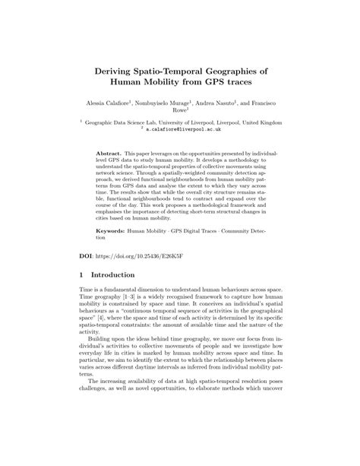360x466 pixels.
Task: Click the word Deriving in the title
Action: pyautogui.click(x=119, y=68)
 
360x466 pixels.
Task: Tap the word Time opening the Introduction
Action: pyautogui.click(x=87, y=293)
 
